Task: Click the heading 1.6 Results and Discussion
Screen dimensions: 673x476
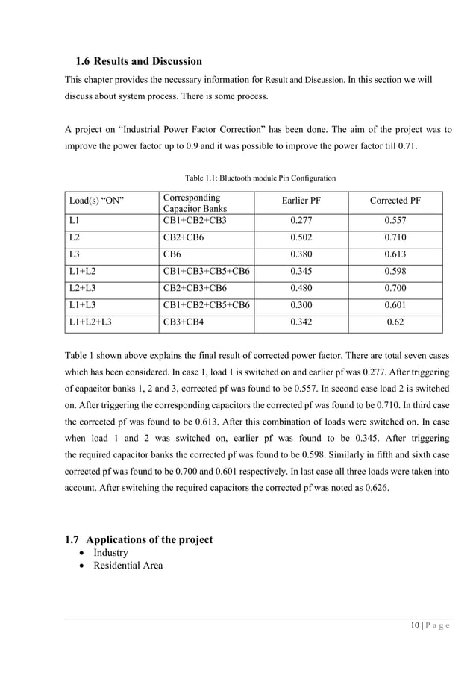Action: [139, 60]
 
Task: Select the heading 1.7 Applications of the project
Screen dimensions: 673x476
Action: [139, 539]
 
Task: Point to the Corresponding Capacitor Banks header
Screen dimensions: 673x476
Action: [191, 203]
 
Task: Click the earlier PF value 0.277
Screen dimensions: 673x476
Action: [302, 222]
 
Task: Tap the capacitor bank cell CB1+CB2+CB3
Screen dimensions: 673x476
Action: [194, 222]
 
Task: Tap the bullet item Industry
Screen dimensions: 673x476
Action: [110, 553]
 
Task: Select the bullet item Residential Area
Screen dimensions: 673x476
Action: [128, 566]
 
